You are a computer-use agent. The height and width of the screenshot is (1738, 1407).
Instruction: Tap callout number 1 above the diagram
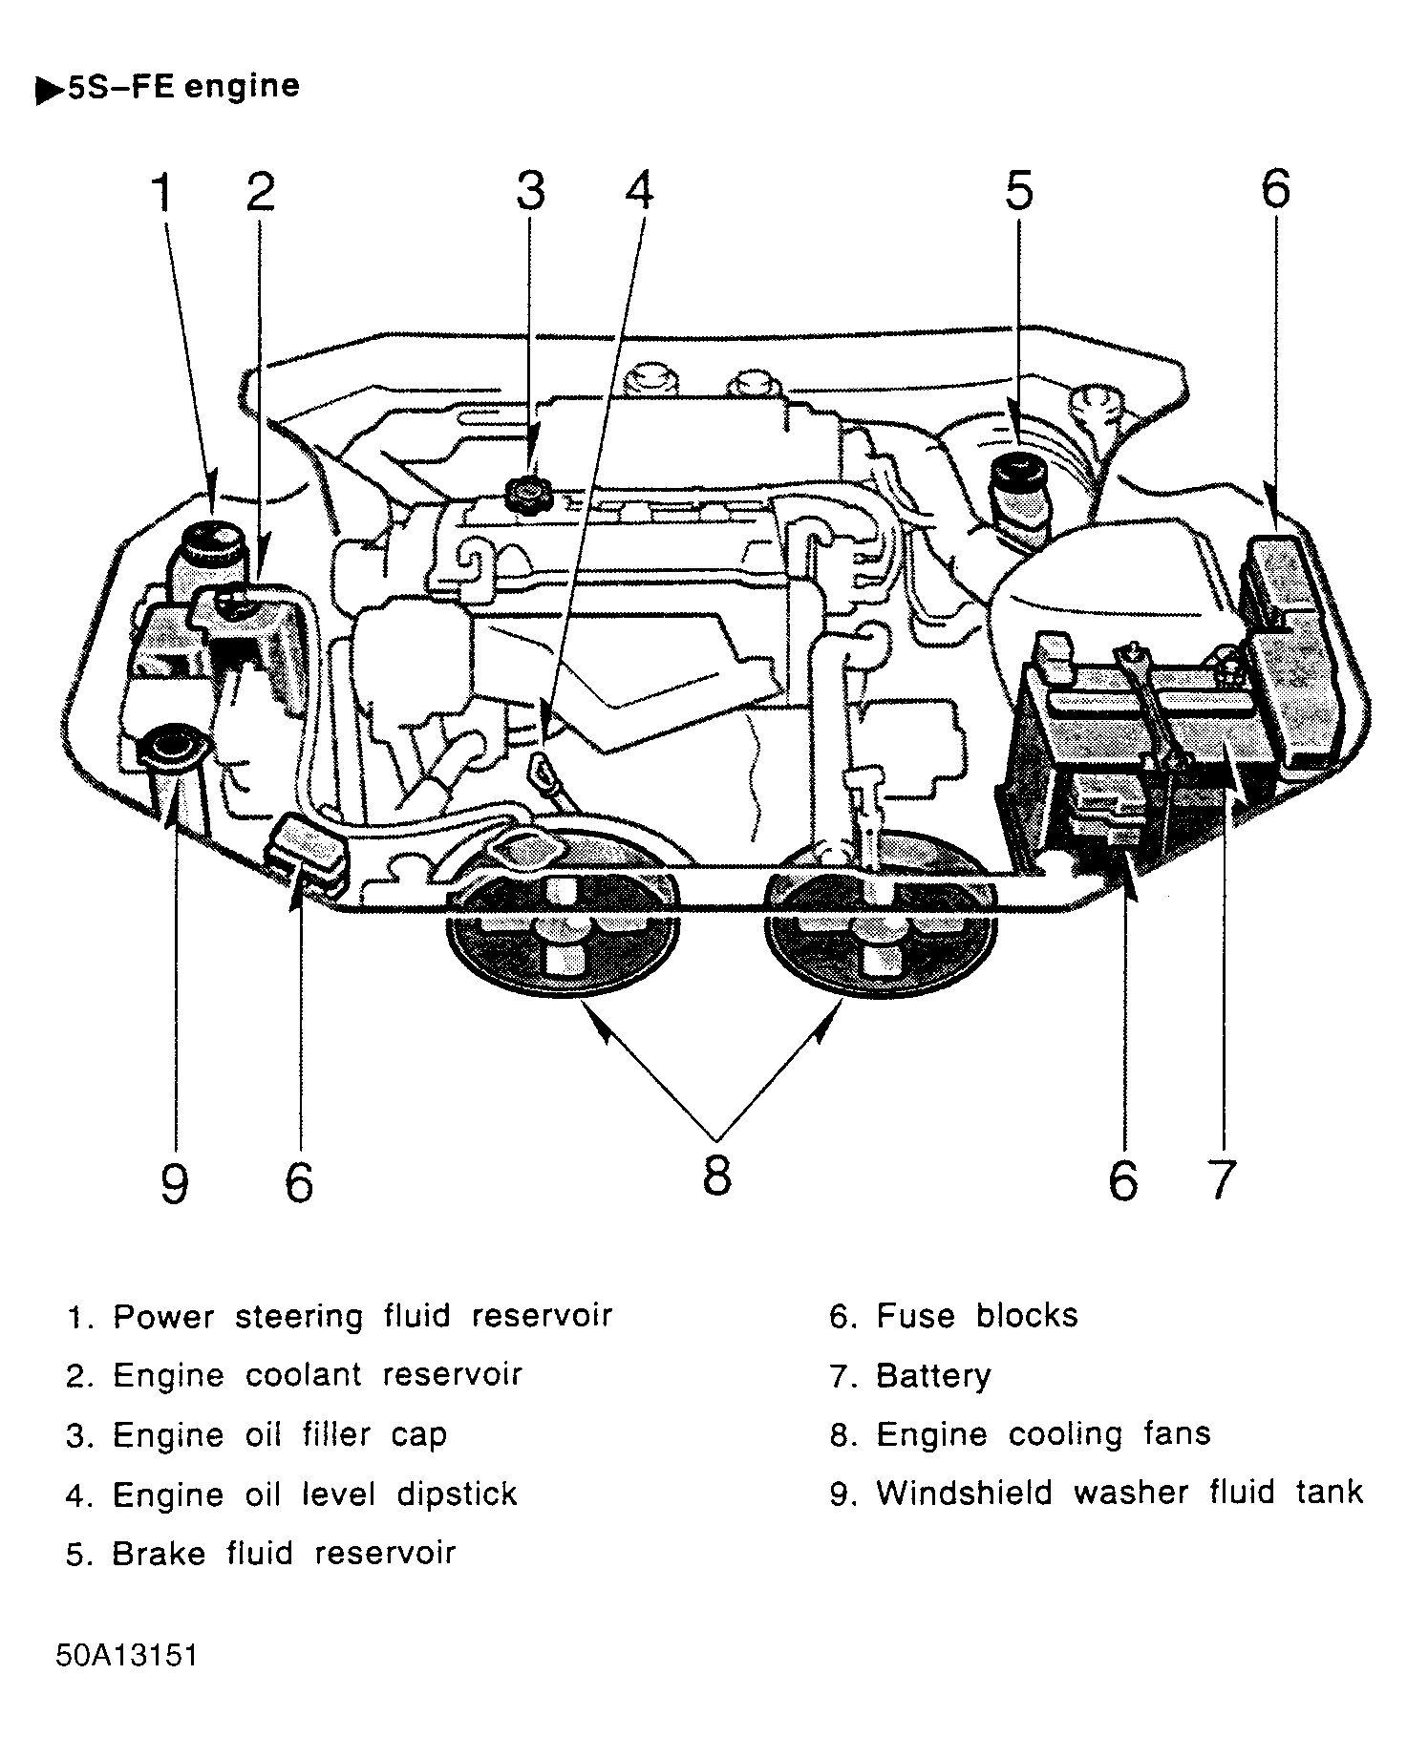(163, 194)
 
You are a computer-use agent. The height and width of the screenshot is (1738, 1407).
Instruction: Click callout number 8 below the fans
(716, 1175)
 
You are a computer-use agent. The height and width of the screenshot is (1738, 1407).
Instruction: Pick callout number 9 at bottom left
(174, 1184)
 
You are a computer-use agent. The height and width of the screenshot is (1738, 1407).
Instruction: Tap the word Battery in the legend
(933, 1376)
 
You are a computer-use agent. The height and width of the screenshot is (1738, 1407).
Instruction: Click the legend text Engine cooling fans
(1043, 1434)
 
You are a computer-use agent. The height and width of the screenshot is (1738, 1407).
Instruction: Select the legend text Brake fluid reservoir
(284, 1554)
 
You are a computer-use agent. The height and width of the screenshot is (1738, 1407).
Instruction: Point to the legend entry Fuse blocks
(977, 1316)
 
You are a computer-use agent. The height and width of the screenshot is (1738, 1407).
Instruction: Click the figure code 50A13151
(126, 1655)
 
